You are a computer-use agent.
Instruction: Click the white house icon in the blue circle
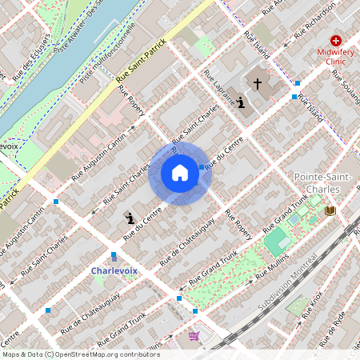click(x=180, y=173)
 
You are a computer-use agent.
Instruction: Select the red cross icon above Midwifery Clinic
click(x=335, y=40)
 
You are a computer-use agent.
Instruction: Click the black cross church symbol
click(x=258, y=82)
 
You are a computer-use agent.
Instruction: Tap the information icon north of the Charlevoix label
click(x=129, y=217)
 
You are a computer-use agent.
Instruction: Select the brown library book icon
click(x=330, y=210)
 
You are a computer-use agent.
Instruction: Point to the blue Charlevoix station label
click(x=114, y=270)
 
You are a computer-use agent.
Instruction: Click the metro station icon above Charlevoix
click(x=114, y=256)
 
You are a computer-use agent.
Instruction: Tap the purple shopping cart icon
click(x=194, y=336)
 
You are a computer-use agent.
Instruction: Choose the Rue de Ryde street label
click(x=333, y=322)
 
